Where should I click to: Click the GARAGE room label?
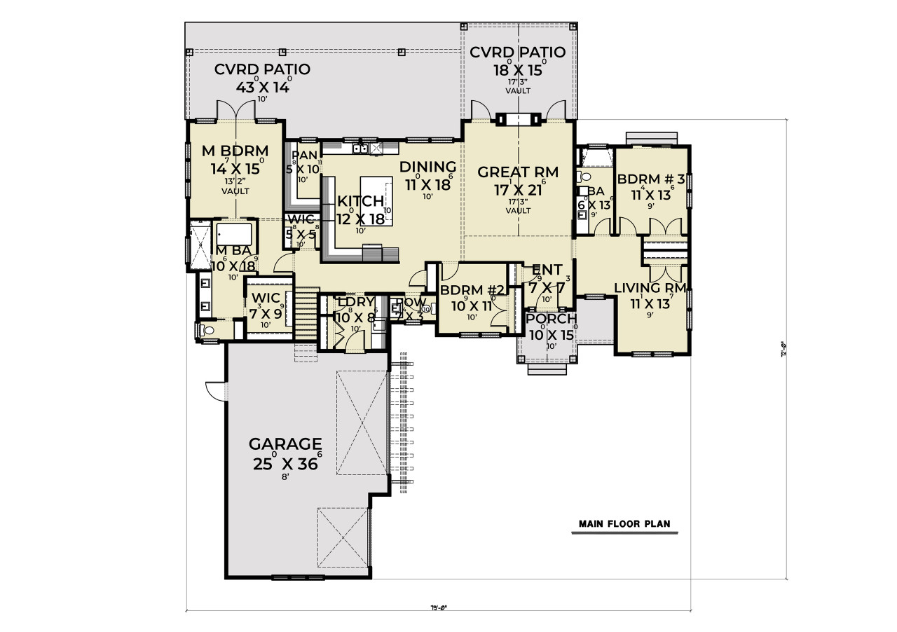[285, 444]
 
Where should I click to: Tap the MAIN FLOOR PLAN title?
[624, 524]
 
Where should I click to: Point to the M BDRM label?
[235, 151]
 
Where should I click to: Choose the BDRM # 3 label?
[650, 178]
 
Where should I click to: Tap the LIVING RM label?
[650, 288]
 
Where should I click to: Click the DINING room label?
[427, 167]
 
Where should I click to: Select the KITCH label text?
[360, 202]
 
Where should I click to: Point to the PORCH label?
[551, 319]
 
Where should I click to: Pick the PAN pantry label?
[305, 155]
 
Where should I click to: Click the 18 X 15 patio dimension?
[517, 70]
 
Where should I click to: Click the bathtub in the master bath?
[236, 232]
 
